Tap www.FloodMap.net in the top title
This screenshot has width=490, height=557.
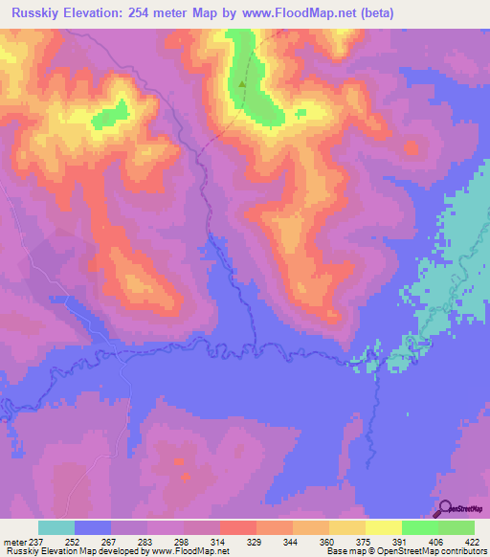pyautogui.click(x=296, y=13)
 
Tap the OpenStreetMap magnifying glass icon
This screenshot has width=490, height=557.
pyautogui.click(x=444, y=508)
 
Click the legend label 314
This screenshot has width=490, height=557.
pyautogui.click(x=219, y=541)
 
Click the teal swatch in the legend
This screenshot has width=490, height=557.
pyautogui.click(x=56, y=527)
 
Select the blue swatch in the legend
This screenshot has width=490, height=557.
pyautogui.click(x=93, y=527)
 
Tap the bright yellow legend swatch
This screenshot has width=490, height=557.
pyautogui.click(x=384, y=527)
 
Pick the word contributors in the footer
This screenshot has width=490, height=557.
pyautogui.click(x=462, y=551)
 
